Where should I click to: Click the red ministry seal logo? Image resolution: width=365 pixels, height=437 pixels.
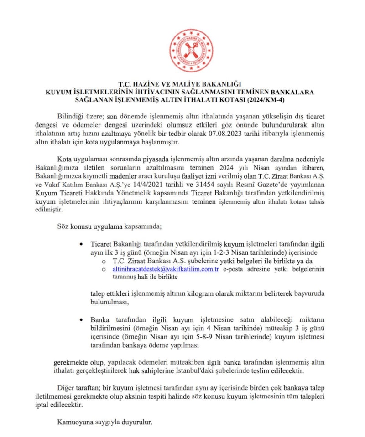click(191, 50)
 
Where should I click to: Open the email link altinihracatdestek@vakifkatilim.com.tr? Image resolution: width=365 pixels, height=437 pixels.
click(166, 269)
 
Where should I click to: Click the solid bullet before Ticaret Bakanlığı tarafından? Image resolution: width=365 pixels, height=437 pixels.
click(81, 244)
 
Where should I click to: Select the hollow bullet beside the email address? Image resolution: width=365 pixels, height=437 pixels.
click(104, 269)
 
